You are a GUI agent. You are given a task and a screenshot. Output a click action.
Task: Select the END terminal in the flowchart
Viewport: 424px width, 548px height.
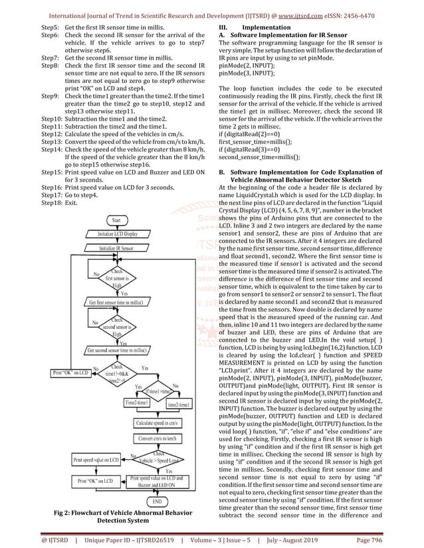tap(157, 502)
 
